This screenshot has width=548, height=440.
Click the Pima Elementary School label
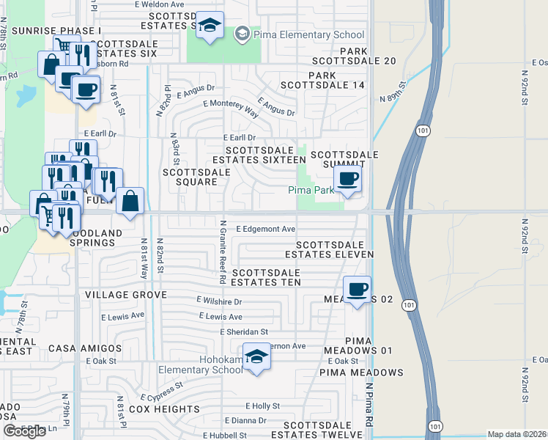pyautogui.click(x=308, y=34)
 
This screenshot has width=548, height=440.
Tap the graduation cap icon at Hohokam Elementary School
pyautogui.click(x=257, y=357)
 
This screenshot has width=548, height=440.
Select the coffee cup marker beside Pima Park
pyautogui.click(x=347, y=178)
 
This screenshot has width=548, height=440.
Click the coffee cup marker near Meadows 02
pyautogui.click(x=357, y=290)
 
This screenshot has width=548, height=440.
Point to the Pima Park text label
pyautogui.click(x=311, y=190)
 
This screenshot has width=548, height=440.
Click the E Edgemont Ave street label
pyautogui.click(x=265, y=229)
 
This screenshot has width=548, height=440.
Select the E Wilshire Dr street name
pyautogui.click(x=219, y=301)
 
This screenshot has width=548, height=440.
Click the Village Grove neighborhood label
pyautogui.click(x=125, y=295)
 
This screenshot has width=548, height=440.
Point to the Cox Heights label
pyautogui.click(x=164, y=408)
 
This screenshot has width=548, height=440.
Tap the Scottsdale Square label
pyautogui.click(x=196, y=177)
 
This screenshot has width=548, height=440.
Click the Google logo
pyautogui.click(x=24, y=431)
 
